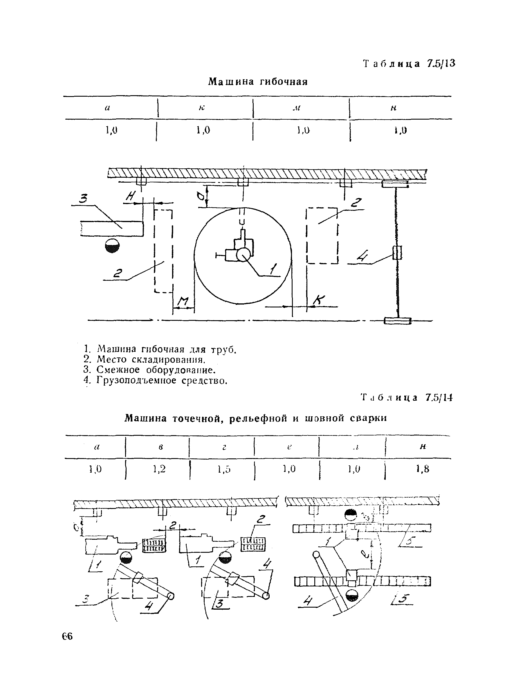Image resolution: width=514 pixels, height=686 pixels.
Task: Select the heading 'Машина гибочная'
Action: [x=258, y=82]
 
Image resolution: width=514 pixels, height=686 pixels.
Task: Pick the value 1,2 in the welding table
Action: [x=159, y=469]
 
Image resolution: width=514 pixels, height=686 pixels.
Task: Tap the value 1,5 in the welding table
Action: [x=224, y=469]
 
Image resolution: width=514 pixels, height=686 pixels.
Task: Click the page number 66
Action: [x=67, y=636]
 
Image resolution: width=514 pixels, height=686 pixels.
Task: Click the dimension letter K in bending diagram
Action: [x=319, y=300]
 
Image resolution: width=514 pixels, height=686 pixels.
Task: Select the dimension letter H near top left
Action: [x=131, y=196]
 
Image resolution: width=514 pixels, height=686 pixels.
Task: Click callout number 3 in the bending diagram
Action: [x=83, y=199]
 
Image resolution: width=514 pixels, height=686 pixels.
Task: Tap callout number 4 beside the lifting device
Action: [x=362, y=256]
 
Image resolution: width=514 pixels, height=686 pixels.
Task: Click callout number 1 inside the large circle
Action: [x=273, y=269]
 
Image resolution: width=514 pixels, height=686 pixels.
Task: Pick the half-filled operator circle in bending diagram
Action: [x=112, y=246]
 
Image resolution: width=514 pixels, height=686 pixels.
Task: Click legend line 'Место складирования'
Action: [x=151, y=359]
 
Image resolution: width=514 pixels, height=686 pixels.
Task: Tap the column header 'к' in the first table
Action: [x=202, y=108]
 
